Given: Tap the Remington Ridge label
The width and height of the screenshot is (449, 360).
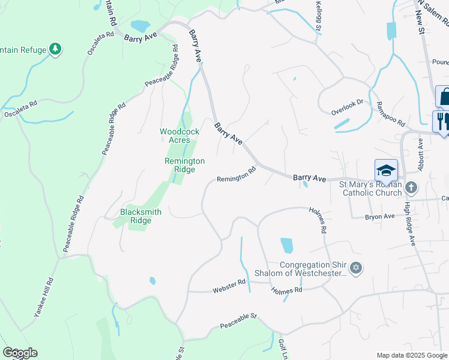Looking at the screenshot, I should click(185, 165).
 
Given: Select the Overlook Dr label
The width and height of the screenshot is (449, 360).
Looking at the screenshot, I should click(348, 107).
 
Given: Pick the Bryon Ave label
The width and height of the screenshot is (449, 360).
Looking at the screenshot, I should click(380, 216).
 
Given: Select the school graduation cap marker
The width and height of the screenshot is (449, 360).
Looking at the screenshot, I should click(386, 170).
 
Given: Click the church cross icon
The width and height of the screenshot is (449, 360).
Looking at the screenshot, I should click(411, 188).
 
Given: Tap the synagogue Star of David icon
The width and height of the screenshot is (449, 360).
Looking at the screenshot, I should click(356, 268).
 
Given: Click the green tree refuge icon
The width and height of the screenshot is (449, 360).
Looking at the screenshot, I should click(56, 49).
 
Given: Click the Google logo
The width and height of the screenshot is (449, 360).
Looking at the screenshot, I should click(20, 353).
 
